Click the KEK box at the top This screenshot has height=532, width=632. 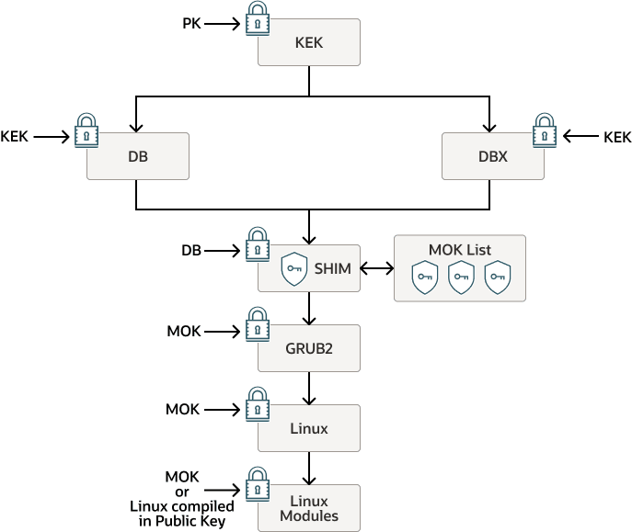(x=308, y=43)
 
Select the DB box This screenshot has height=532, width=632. (x=138, y=156)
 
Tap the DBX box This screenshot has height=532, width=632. (x=492, y=156)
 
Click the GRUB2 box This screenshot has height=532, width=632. (x=308, y=348)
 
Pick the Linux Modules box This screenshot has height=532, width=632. (x=308, y=508)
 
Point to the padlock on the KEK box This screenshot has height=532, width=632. (x=257, y=18)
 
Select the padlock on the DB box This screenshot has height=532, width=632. (x=86, y=132)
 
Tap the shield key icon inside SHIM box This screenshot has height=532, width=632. (x=293, y=270)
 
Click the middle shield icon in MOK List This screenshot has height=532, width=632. (x=460, y=277)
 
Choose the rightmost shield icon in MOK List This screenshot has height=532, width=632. (x=497, y=277)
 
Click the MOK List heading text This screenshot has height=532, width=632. (x=460, y=250)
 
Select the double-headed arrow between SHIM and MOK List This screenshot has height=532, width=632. (x=376, y=270)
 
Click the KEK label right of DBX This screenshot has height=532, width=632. (x=617, y=137)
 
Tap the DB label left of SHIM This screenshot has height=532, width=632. (x=191, y=250)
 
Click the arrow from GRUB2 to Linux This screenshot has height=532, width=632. (x=308, y=388)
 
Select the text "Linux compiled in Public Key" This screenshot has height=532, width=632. (x=182, y=513)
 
